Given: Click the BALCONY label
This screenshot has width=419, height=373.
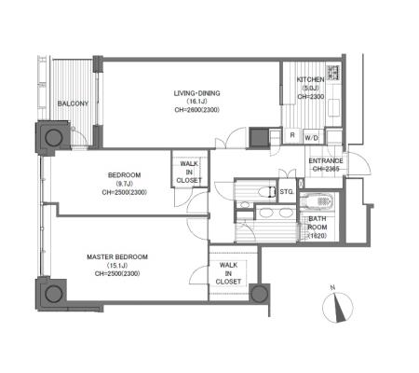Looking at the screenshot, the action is click(x=73, y=104).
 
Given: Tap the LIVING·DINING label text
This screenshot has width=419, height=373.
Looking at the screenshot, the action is click(x=196, y=93).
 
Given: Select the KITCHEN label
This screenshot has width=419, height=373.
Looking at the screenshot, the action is click(x=311, y=79).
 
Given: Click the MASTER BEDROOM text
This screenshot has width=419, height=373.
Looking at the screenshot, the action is click(x=117, y=257).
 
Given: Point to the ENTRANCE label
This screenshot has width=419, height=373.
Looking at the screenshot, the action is click(x=326, y=160).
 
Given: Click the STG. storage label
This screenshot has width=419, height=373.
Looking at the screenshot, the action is click(x=287, y=192).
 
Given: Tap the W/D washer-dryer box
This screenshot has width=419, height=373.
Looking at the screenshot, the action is click(x=312, y=137).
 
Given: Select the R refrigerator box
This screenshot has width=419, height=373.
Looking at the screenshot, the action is click(x=292, y=136).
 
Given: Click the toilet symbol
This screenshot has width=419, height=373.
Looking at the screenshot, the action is click(x=267, y=192).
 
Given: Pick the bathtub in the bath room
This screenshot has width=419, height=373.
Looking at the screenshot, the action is click(x=317, y=200).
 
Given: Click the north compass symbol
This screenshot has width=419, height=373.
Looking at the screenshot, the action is click(x=337, y=307).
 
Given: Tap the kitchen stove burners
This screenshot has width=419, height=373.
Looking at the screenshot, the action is click(x=334, y=73).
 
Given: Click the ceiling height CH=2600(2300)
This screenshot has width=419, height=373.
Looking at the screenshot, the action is click(x=196, y=110).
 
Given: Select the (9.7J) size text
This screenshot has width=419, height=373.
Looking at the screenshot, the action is click(x=124, y=184).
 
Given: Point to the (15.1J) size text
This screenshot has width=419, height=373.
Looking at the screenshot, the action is click(x=117, y=266).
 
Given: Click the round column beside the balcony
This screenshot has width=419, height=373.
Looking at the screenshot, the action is click(x=54, y=137).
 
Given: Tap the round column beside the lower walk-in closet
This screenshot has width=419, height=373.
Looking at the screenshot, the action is click(x=259, y=294).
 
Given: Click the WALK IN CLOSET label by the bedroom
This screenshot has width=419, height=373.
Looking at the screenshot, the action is click(x=189, y=172).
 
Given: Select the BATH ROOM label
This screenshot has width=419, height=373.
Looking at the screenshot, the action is click(x=318, y=223).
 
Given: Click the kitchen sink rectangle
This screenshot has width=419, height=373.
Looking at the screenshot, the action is click(x=333, y=107).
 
